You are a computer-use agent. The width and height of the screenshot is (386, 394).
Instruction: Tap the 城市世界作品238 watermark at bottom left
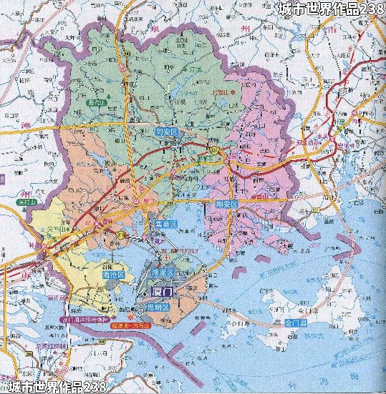(54, 387)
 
